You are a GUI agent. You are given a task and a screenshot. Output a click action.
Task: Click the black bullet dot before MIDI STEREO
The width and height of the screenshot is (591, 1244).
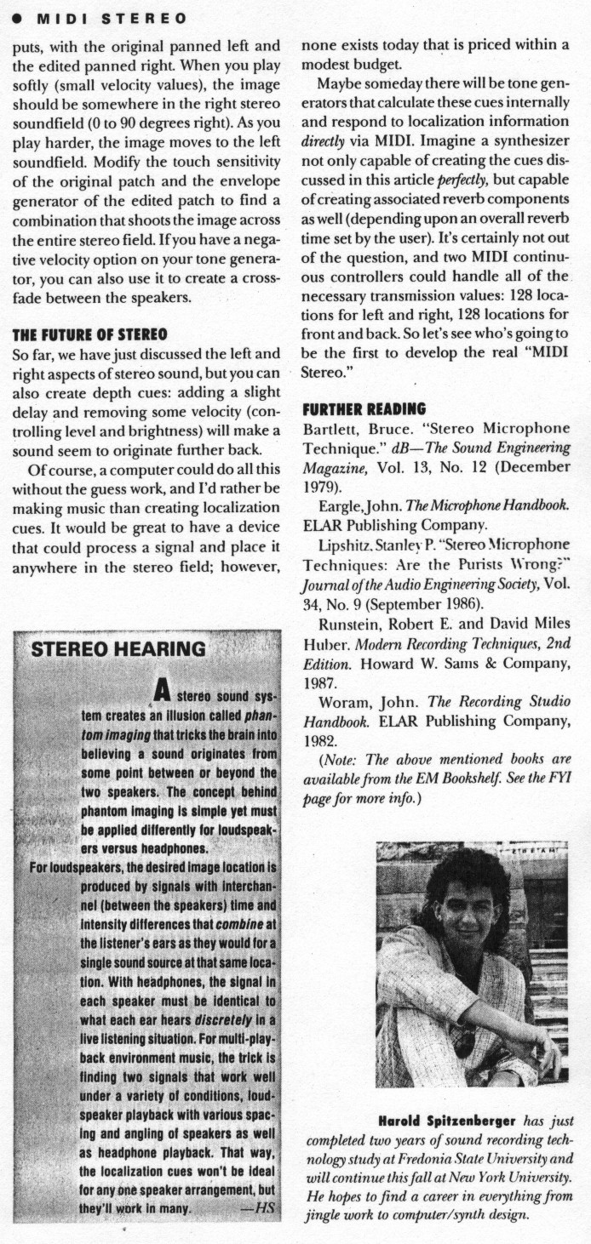[15, 18]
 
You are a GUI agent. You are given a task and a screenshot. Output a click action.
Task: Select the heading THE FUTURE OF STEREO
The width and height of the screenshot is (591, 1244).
[89, 334]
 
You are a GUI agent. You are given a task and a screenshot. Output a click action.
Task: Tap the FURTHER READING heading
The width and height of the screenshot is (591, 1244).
[364, 408]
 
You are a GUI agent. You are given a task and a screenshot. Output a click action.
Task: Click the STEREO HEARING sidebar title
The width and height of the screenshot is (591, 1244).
[118, 649]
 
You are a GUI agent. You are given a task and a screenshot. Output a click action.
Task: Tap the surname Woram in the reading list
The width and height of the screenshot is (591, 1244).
[342, 702]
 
